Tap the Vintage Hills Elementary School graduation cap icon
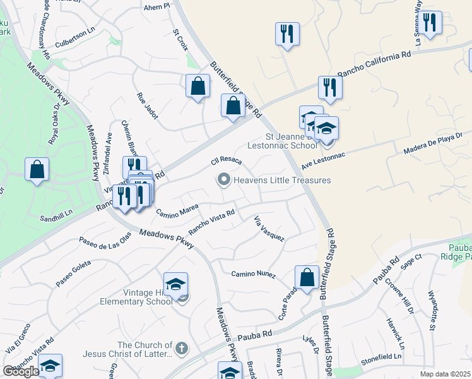click(x=176, y=284)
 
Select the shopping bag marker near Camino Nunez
click(x=307, y=277)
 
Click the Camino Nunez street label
click(x=254, y=274)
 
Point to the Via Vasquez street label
click(x=269, y=229)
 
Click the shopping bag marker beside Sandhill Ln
click(x=37, y=169)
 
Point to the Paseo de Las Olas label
click(x=105, y=239)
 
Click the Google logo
click(x=21, y=371)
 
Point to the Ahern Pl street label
click(x=158, y=6)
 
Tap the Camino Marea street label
click(x=177, y=209)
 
